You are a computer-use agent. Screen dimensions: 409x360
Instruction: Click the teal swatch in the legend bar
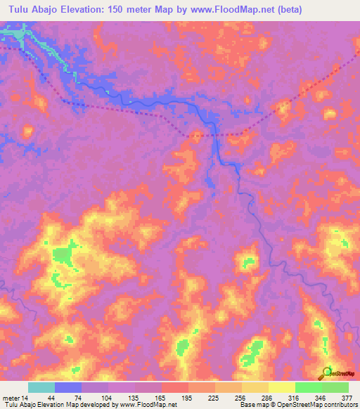pyautogui.click(x=41, y=388)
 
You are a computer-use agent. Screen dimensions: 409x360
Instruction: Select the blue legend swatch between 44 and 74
pyautogui.click(x=67, y=388)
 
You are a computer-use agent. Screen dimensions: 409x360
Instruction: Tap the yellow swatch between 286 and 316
pyautogui.click(x=281, y=388)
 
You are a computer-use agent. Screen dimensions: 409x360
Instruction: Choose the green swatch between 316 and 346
pyautogui.click(x=308, y=388)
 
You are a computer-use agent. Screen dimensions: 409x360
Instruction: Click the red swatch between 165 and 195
pyautogui.click(x=174, y=388)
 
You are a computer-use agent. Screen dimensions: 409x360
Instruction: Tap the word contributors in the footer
pyautogui.click(x=340, y=405)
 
